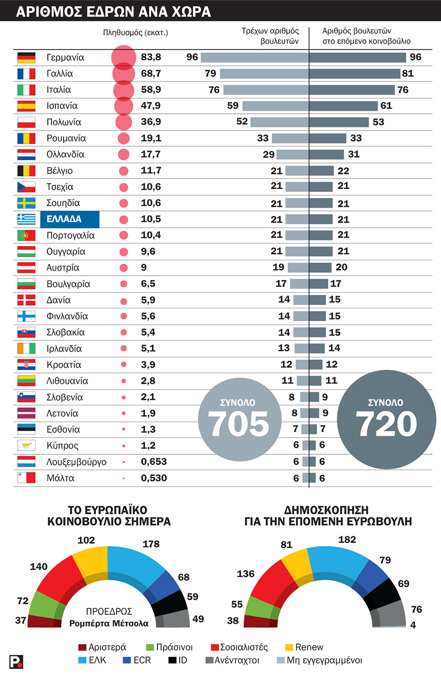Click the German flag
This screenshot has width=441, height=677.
pos(26,57)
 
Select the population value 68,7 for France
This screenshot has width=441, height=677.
pos(151,74)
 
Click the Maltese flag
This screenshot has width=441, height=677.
pos(26,478)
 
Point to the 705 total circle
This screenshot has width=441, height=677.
pos(240,419)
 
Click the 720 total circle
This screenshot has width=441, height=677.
pos(387,419)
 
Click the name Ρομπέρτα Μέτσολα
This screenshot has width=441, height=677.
pos(109,624)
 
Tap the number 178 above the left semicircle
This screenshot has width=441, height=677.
pos(151,544)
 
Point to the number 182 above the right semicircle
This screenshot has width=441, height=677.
pos(347,539)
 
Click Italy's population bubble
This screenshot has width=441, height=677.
pos(123,90)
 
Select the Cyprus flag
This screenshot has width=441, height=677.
pos(26,446)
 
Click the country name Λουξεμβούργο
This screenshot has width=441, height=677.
pos(76,462)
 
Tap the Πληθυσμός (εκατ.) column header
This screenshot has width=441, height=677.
pos(135,33)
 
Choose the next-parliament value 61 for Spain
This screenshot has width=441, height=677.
pos(386,105)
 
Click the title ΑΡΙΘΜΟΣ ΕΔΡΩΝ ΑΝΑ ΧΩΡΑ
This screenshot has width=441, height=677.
pos(113,11)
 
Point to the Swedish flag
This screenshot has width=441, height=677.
pos(26,203)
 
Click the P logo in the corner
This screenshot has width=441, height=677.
pos(16,662)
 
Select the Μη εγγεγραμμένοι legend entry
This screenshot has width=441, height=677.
pos(319,660)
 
